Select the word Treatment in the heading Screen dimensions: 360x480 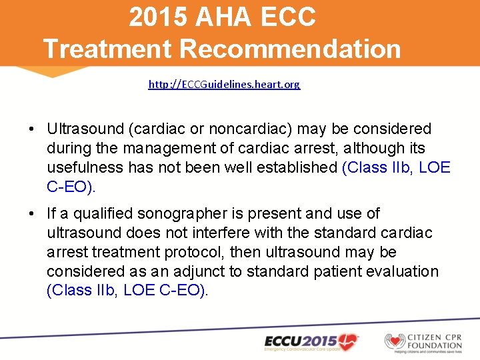point(107,49)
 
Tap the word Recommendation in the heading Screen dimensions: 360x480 point(291,49)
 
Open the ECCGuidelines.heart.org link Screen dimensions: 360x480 point(224,85)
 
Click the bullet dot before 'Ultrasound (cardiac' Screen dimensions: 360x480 point(32,129)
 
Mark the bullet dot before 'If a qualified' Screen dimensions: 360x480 point(32,213)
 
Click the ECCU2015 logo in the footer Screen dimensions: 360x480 point(311,341)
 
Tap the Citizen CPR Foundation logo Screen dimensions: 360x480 point(423,341)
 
